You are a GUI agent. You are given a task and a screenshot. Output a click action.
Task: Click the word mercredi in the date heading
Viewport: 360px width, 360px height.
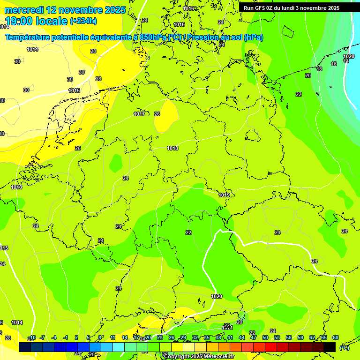[24, 10]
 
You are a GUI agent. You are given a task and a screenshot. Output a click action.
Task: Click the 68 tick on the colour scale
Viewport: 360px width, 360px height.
[336, 337]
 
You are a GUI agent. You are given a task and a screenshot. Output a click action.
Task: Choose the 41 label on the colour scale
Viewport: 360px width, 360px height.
[230, 337]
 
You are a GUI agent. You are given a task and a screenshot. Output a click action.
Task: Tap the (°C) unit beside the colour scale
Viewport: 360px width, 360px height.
[345, 348]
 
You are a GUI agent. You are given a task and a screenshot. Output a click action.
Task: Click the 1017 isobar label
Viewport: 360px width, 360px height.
[139, 114]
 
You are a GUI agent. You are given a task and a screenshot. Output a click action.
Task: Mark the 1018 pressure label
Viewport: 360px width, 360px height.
[172, 148]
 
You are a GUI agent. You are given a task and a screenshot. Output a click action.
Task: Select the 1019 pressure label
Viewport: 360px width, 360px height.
[224, 195]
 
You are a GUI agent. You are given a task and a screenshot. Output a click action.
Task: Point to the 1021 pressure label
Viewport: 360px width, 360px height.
[227, 328]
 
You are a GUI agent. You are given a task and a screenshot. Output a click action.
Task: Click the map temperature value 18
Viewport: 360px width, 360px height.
[319, 69]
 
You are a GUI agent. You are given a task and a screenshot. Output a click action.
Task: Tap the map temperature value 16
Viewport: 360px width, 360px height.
[334, 64]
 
